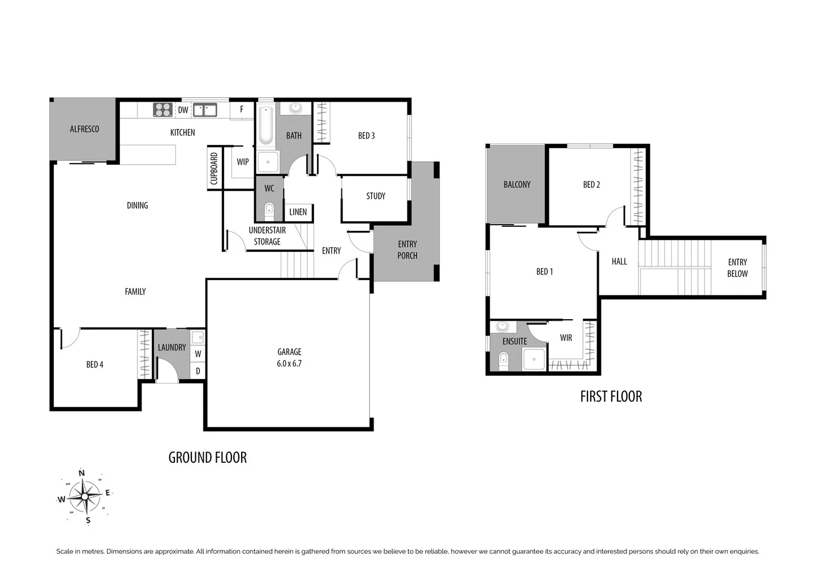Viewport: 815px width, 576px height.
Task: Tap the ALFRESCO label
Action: click(x=84, y=129)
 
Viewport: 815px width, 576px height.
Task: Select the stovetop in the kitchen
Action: click(x=163, y=110)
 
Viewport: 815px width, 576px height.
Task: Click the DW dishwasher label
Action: click(x=183, y=110)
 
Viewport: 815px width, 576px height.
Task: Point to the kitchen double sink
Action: click(x=205, y=110)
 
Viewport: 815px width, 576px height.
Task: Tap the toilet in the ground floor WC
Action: click(x=269, y=210)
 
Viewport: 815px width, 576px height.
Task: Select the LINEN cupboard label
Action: click(x=298, y=212)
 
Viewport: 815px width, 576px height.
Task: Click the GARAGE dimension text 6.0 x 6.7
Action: click(x=289, y=364)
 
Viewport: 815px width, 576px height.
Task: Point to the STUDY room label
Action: click(x=375, y=196)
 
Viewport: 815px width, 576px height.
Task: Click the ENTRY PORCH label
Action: click(x=407, y=250)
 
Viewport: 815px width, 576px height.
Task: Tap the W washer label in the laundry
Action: click(x=198, y=354)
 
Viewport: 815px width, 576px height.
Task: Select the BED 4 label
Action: click(x=95, y=365)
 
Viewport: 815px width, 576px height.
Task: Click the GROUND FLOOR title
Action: click(x=208, y=458)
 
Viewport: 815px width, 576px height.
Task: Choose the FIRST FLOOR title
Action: click(x=611, y=397)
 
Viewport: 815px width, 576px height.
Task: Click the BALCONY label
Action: click(x=517, y=184)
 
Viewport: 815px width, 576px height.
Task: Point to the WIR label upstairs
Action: click(x=566, y=338)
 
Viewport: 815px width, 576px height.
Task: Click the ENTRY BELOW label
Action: click(x=737, y=268)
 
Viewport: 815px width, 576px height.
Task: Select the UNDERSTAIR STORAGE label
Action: click(x=267, y=236)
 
